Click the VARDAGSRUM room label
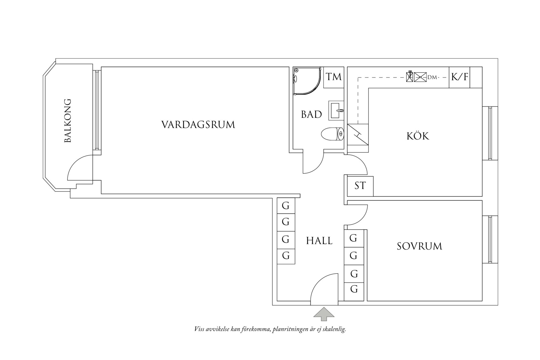[x=198, y=125]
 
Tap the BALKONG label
[x=68, y=120]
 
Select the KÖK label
[x=418, y=136]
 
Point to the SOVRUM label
[x=419, y=246]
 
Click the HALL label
[x=319, y=241]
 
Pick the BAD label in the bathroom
[x=311, y=114]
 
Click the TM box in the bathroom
[x=333, y=77]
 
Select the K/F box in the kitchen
[x=459, y=77]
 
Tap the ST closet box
[x=360, y=186]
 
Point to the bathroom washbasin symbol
[x=336, y=110]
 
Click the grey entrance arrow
[x=324, y=314]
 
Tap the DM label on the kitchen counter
[x=432, y=78]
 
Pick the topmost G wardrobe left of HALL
[x=286, y=206]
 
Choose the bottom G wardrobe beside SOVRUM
[x=354, y=289]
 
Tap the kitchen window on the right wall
[x=490, y=133]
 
